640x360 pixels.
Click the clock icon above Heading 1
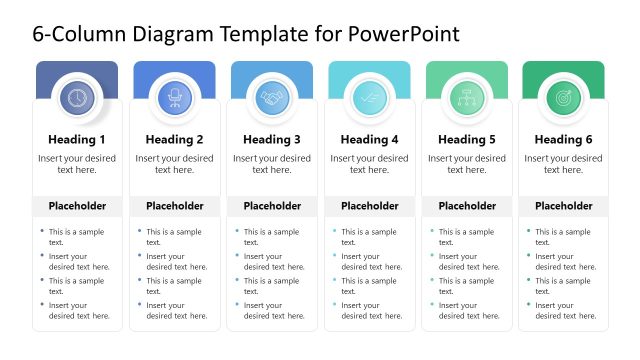[77, 97]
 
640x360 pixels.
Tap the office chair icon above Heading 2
[174, 97]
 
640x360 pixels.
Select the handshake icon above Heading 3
[271, 97]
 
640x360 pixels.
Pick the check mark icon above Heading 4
[369, 97]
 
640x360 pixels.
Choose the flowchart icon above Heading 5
[466, 97]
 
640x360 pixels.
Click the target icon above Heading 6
[563, 97]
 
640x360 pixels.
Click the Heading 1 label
[77, 139]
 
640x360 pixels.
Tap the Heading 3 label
[271, 139]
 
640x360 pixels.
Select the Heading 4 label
[369, 139]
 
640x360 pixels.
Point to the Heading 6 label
[563, 139]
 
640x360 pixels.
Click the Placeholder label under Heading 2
[174, 206]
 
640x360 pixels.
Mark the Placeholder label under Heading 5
[466, 206]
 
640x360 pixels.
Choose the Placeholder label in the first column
[77, 206]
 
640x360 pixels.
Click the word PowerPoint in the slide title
[403, 34]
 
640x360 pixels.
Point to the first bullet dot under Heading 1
[41, 231]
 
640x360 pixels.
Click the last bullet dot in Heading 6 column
[527, 305]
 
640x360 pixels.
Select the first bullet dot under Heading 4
[333, 231]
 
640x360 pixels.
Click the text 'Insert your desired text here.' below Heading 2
[174, 164]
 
